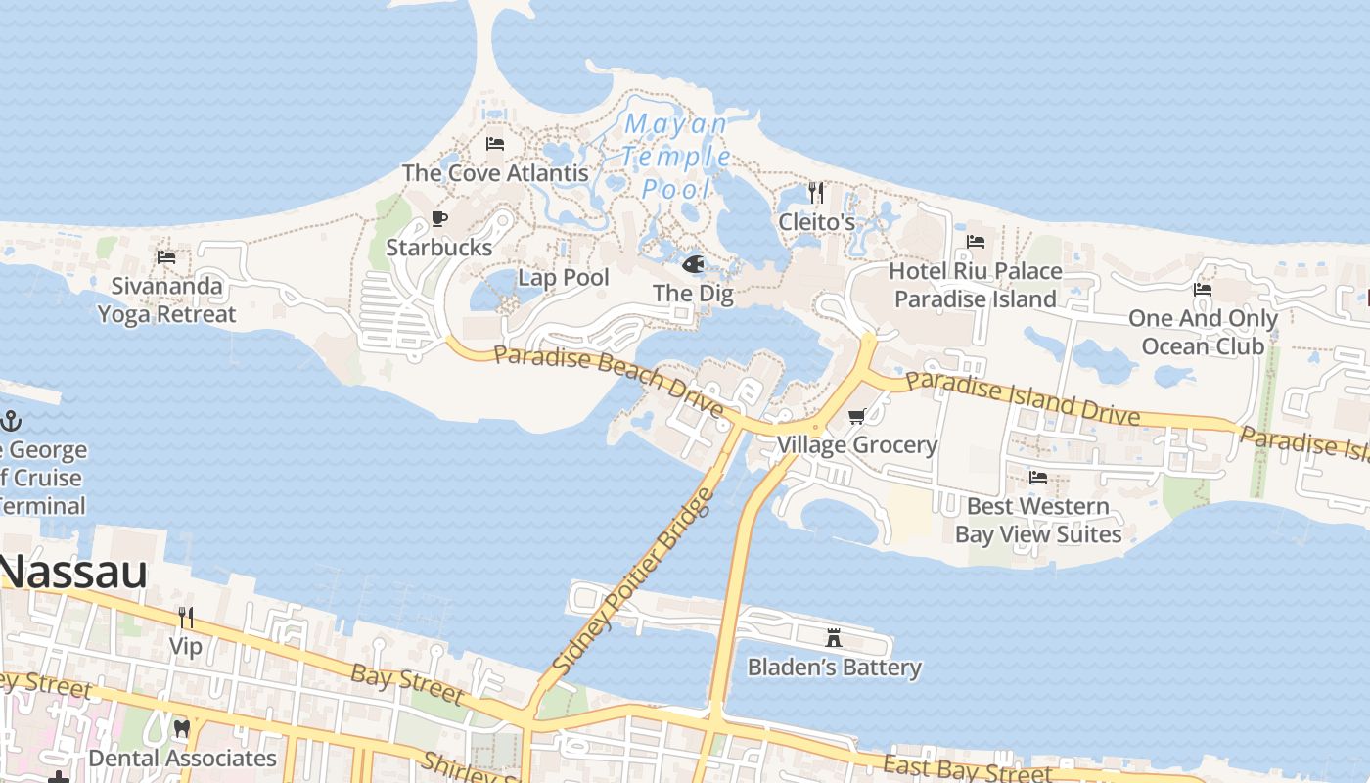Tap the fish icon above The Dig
point(693,264)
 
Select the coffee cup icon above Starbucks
point(439,219)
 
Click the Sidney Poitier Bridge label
point(632,581)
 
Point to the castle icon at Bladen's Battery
point(834,638)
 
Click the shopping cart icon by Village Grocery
point(857,417)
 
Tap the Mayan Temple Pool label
point(677,157)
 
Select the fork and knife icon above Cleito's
point(816,193)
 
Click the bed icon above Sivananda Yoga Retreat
point(166,257)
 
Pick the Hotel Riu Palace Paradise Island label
point(976,285)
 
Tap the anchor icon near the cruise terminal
point(11,422)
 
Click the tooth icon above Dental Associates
point(182,729)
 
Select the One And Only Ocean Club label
point(1203,332)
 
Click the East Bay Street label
point(967,769)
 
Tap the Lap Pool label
point(564,278)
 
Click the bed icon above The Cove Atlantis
point(495,144)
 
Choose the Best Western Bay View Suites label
point(1038,520)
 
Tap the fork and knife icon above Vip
point(186,617)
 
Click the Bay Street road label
point(406,684)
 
